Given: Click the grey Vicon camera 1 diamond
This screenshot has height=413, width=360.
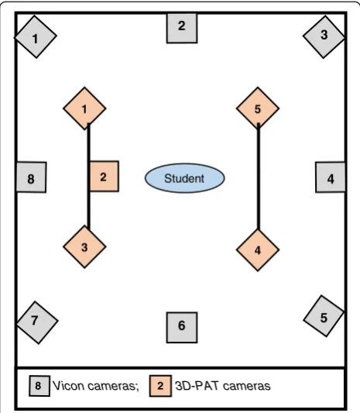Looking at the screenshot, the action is coord(36,37).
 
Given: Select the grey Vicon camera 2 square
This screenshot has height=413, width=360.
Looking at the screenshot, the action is coord(182,28).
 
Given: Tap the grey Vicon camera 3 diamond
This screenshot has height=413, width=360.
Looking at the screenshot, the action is coord(324,36).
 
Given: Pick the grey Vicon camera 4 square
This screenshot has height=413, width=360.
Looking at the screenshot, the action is coord(331,177).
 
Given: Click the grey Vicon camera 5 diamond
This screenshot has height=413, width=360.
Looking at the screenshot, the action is coord(324,316).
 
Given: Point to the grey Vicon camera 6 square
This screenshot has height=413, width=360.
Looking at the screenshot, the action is coord(182,328).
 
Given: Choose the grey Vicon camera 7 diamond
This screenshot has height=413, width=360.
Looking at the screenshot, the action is coord(37,322).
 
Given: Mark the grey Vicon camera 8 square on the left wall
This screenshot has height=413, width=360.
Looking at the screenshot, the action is coord(31,177).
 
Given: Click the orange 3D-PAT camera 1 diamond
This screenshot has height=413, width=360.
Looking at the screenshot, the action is coord(84,108).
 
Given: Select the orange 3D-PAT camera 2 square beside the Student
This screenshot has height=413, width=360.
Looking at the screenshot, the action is coord(105,176).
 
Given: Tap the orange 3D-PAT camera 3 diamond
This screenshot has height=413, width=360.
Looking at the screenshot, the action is coord(84,247).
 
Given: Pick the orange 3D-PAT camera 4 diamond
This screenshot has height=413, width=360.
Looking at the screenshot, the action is coord(258,250).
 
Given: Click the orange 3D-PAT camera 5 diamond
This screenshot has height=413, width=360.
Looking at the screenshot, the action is coord(258,108).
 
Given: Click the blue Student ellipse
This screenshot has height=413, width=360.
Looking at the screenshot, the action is coord(184,178).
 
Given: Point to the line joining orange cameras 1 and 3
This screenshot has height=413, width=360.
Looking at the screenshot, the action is coord(89,177).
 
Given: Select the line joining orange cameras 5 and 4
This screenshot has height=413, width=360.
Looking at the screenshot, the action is coord(259,177).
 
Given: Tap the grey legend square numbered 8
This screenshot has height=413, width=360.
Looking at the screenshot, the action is coord(39,386).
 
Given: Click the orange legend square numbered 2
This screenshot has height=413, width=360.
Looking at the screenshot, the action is coord(160,386).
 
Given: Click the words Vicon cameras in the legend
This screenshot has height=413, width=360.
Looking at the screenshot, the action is coord(96,386).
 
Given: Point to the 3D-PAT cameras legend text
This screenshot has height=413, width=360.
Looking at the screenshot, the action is coord(223,386).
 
